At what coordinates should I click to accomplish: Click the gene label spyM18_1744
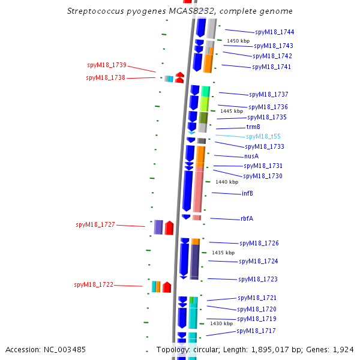(x=274, y=32)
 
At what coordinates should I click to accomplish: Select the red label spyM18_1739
(x=106, y=65)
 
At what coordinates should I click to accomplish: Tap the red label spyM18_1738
(x=106, y=77)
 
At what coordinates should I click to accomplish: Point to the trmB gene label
(x=253, y=127)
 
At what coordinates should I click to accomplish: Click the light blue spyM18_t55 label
(x=263, y=136)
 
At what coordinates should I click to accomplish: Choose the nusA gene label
(x=251, y=156)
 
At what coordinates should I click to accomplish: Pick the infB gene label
(x=247, y=193)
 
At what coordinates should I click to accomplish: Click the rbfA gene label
(x=247, y=218)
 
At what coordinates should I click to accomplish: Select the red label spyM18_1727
(x=95, y=224)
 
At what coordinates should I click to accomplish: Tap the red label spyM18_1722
(x=94, y=284)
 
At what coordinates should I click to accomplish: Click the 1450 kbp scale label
(x=238, y=41)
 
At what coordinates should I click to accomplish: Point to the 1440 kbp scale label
(x=227, y=182)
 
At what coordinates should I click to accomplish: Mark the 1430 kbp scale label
(x=221, y=323)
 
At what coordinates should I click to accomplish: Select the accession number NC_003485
(x=46, y=349)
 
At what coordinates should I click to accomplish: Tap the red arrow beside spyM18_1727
(x=169, y=227)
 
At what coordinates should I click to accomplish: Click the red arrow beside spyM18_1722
(x=167, y=287)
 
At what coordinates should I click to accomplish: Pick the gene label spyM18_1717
(x=256, y=331)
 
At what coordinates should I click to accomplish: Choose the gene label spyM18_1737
(x=269, y=94)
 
